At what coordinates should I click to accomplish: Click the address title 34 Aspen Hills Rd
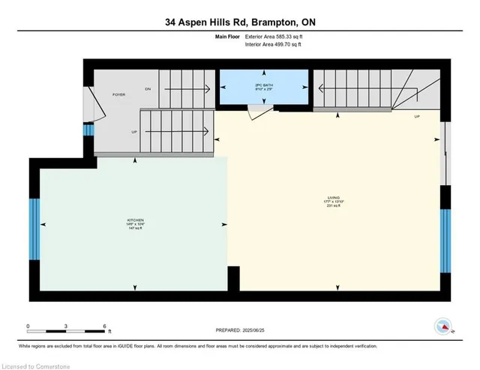click(x=240, y=22)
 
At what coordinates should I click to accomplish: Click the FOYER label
click(x=119, y=94)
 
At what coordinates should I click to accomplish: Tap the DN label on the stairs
click(x=148, y=89)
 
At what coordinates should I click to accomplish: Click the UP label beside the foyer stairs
click(x=134, y=131)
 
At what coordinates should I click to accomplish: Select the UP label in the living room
click(x=416, y=117)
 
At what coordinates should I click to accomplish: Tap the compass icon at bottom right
click(x=443, y=326)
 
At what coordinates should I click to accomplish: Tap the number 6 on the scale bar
click(x=106, y=326)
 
